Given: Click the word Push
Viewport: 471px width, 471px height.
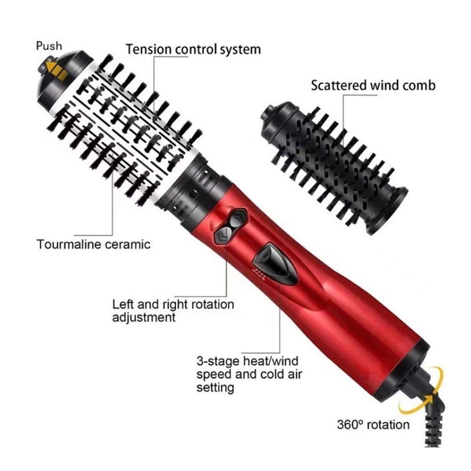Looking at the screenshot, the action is pos(49,46).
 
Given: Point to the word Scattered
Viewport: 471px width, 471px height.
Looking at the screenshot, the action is pos(339,85).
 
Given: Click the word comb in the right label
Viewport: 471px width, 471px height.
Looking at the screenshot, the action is pos(419,85).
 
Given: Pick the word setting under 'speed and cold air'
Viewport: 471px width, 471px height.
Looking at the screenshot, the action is pos(215,388).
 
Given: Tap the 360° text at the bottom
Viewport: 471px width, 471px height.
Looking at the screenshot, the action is pos(350,425).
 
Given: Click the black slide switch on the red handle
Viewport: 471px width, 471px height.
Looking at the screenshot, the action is pos(276,264).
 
